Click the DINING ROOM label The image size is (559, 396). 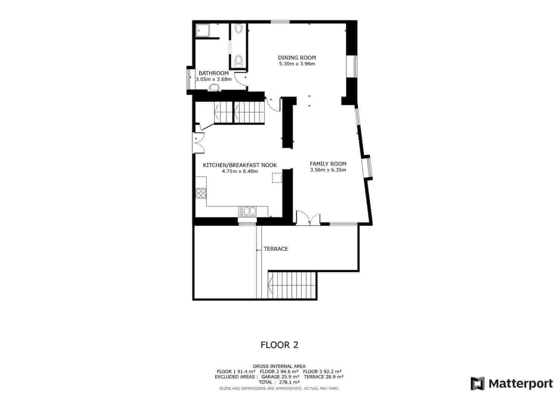297,57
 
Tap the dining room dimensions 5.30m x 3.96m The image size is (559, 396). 297,64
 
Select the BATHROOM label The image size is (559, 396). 214,73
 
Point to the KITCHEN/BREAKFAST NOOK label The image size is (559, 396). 240,165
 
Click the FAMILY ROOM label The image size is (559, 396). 328,164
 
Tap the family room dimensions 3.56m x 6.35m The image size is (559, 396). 328,170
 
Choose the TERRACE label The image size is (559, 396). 276,249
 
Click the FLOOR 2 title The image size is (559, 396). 279,345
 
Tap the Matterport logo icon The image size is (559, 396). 478,383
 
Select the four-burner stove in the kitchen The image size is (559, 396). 201,193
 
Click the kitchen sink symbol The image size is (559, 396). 247,211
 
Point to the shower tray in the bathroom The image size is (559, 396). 202,30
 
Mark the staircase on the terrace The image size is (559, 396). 292,285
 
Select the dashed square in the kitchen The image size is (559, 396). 277,178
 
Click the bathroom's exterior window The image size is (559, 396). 191,79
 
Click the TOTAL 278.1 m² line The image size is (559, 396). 279,382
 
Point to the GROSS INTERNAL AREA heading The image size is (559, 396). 279,366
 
